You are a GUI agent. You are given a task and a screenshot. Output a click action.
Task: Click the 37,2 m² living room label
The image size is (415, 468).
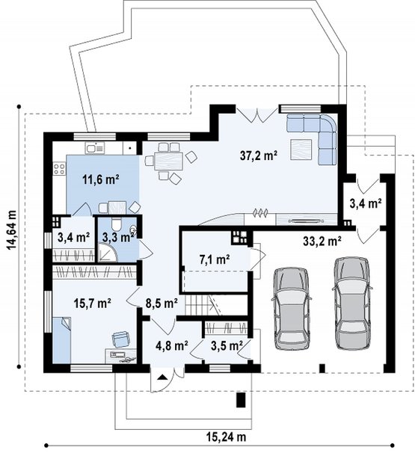click(x=259, y=156)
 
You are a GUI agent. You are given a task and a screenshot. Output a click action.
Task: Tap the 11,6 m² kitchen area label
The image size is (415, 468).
click(x=101, y=179)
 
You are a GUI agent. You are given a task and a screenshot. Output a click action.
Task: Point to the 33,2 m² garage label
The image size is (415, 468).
click(x=322, y=241)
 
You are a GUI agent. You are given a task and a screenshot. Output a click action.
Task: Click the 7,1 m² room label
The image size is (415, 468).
click(x=214, y=259)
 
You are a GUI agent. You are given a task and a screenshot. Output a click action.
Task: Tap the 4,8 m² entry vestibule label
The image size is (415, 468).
click(x=172, y=345)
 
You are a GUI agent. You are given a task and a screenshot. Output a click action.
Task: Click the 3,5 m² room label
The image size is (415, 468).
click(x=227, y=345)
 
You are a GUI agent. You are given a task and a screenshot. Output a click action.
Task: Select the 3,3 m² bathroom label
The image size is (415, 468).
click(x=117, y=237)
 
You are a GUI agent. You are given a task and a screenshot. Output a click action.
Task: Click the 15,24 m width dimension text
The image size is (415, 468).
click(x=226, y=437)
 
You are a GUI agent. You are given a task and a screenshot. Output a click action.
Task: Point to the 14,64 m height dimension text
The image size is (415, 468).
click(x=12, y=230)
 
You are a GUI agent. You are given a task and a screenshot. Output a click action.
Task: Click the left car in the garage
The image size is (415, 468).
click(x=291, y=308)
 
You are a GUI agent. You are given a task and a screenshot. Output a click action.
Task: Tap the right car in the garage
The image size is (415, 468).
click(x=352, y=303)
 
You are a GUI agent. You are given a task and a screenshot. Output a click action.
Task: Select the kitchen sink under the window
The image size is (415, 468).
click(x=95, y=148)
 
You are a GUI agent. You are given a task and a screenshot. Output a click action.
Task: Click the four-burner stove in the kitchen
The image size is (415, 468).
click(x=59, y=169)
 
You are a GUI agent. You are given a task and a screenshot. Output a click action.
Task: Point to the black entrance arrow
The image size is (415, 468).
click(x=162, y=376)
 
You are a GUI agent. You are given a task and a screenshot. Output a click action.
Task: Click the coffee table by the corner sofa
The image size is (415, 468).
click(x=301, y=150)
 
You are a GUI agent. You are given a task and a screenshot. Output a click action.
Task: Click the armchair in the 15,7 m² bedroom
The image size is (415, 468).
click(x=121, y=339)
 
